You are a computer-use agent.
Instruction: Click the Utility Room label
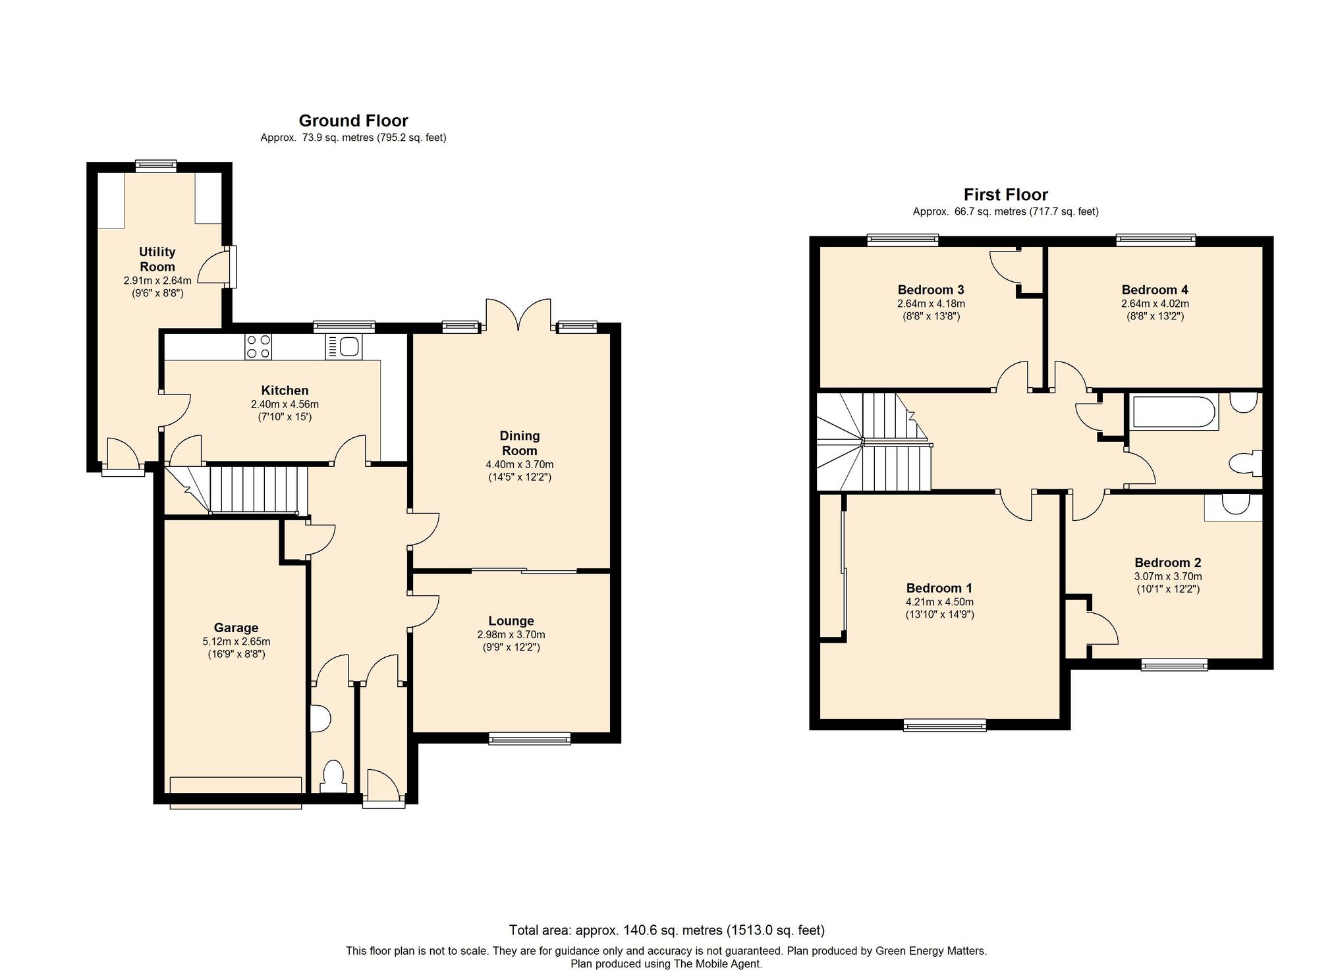point(157,259)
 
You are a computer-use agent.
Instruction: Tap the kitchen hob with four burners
point(258,347)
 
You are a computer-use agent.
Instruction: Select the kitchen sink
point(343,347)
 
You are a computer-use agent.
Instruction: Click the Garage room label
point(236,628)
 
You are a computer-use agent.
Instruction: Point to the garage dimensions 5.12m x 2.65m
point(236,641)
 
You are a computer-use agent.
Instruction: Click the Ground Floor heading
point(353,121)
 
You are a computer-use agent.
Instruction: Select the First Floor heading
point(1005,194)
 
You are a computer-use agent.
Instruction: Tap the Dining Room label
point(520,443)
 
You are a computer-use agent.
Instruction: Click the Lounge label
point(511,621)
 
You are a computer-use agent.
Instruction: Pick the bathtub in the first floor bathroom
point(1174,412)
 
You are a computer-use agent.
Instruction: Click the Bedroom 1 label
point(939,588)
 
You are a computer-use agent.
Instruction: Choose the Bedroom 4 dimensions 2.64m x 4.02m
point(1155,304)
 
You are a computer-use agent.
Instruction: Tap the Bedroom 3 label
point(931,290)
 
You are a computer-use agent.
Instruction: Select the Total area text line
point(667,930)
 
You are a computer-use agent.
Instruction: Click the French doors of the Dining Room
point(518,315)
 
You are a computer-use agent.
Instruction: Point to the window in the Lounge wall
point(530,739)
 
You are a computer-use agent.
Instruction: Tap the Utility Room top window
point(156,166)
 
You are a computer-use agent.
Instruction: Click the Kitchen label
point(285,391)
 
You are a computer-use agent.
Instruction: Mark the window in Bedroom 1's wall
point(945,725)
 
